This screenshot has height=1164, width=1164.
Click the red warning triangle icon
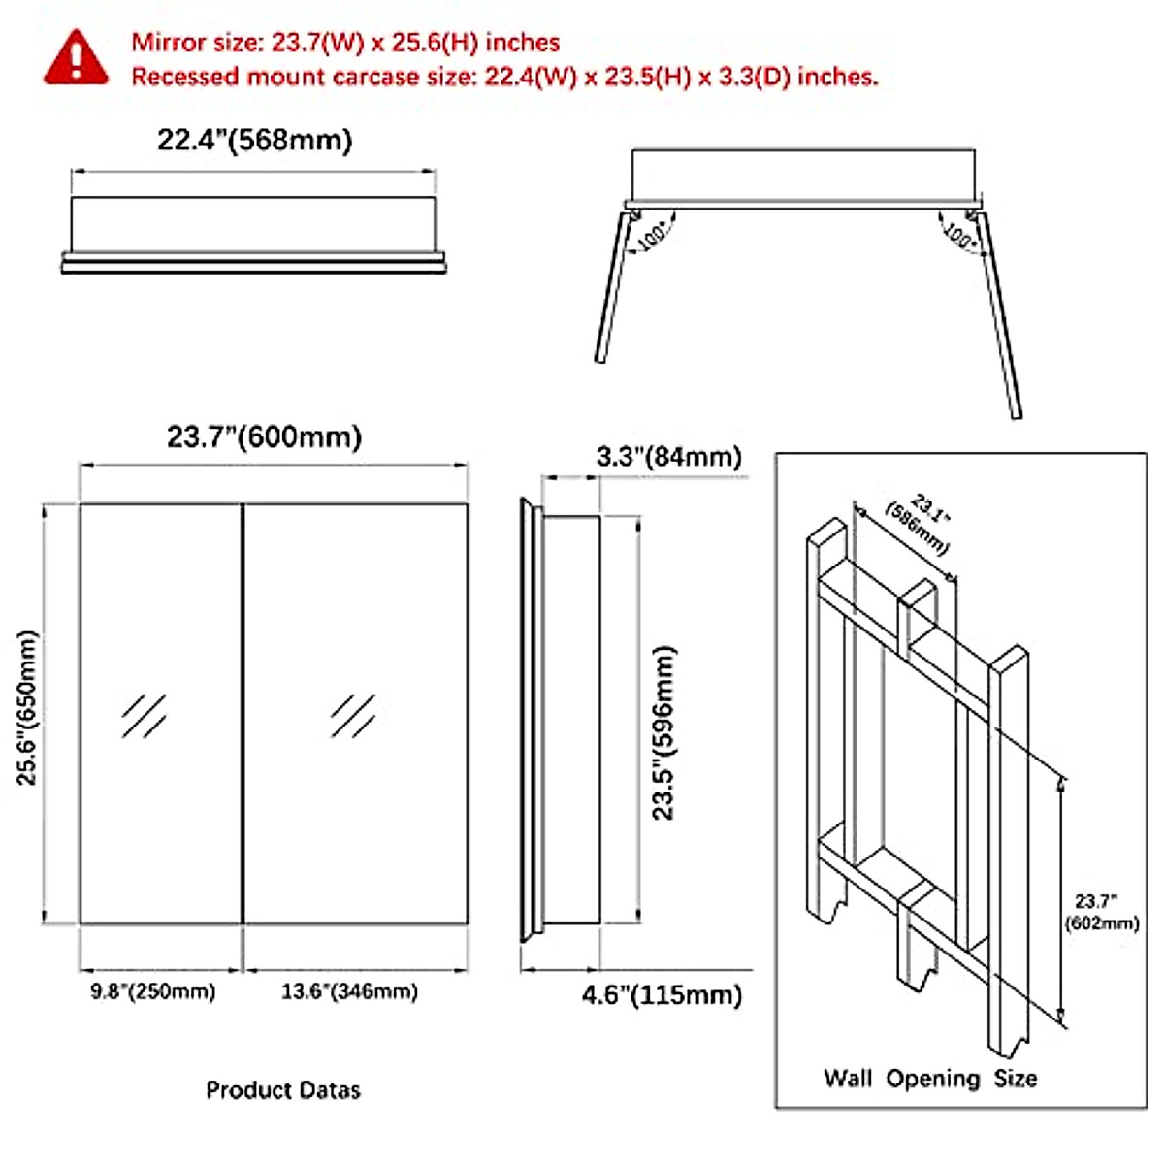click(77, 57)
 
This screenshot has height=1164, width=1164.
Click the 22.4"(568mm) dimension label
click(254, 141)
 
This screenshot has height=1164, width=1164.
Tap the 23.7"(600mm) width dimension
click(264, 437)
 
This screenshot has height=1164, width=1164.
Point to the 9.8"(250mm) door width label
click(153, 991)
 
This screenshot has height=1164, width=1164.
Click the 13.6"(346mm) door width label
click(349, 991)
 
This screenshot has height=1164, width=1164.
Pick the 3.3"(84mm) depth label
click(668, 457)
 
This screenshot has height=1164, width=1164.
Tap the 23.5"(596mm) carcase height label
click(663, 733)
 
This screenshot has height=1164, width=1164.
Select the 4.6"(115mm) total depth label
click(662, 996)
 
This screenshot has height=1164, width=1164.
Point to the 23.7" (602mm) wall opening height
click(1101, 913)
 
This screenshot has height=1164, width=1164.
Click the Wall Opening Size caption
click(929, 1079)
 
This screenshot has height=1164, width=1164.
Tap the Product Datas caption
click(282, 1090)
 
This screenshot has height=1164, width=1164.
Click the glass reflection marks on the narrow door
click(144, 716)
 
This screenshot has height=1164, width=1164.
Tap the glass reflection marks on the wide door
click(352, 716)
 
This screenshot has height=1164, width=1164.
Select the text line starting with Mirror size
click(345, 43)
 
